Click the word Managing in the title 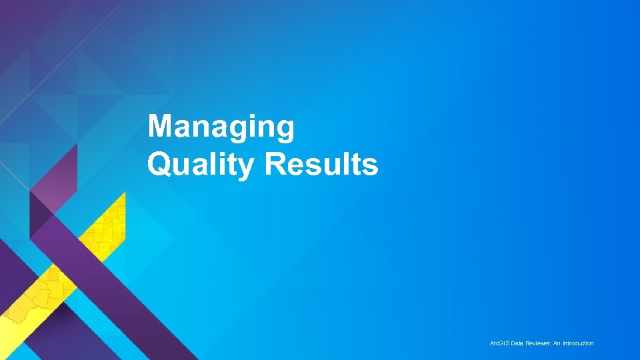(221, 127)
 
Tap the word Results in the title (321, 164)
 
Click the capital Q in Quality (159, 164)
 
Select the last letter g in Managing (285, 129)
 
